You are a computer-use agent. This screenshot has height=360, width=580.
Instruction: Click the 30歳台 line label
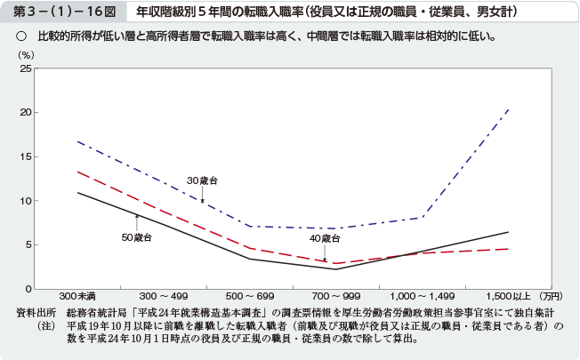(x=202, y=181)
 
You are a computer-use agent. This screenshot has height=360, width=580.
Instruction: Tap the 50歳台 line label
(x=137, y=237)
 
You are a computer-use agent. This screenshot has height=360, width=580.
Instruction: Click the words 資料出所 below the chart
(x=36, y=313)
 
